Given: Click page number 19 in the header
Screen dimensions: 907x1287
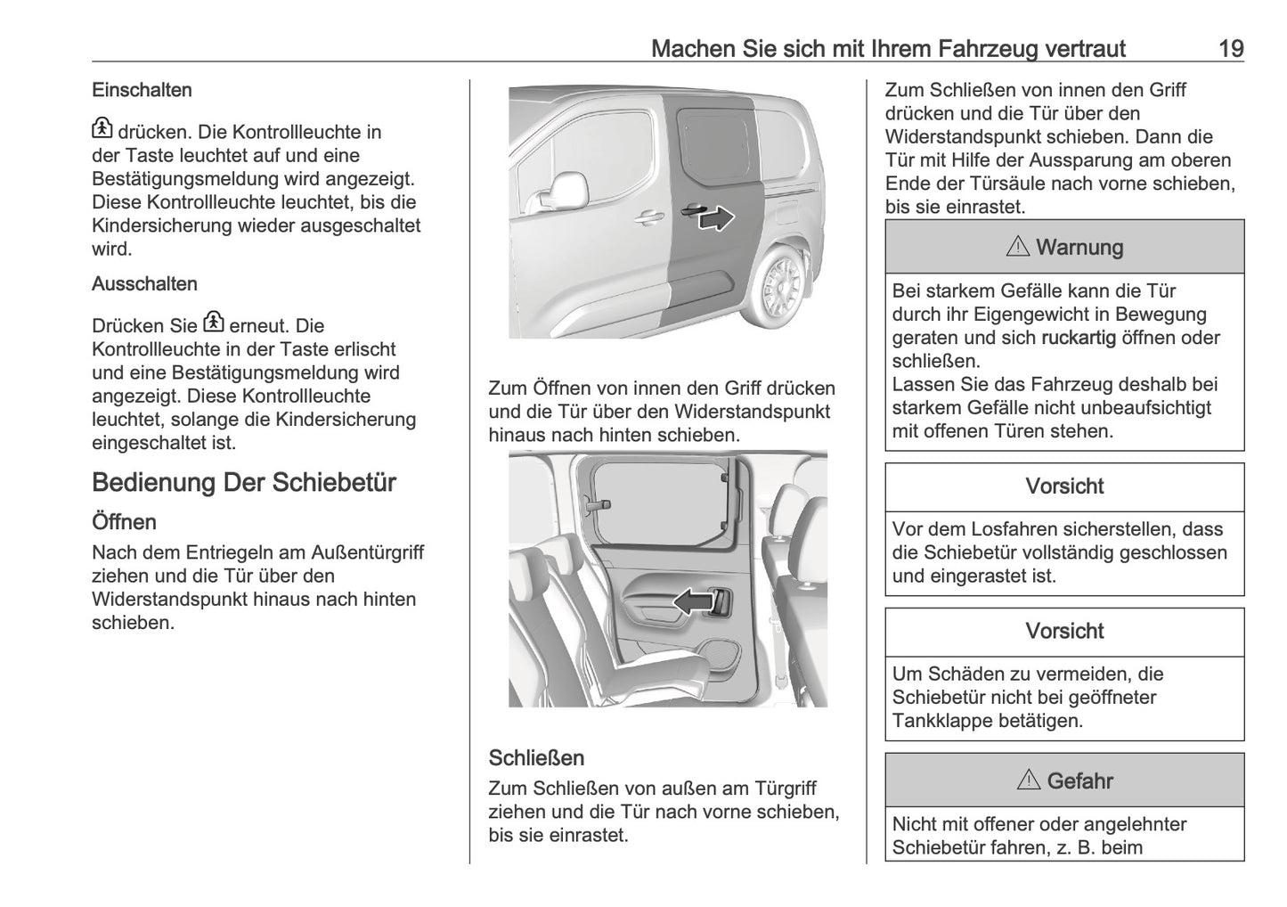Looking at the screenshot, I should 1230,48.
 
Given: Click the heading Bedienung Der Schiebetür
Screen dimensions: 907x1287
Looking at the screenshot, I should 243,483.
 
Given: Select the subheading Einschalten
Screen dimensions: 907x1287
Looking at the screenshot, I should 142,90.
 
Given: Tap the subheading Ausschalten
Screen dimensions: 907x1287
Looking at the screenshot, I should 144,284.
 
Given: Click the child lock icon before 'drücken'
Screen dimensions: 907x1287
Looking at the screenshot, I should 102,130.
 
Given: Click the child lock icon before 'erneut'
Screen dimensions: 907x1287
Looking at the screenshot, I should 214,323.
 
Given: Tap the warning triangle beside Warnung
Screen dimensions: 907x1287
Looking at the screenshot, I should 1017,247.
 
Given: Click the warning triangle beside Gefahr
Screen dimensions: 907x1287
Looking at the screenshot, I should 1028,781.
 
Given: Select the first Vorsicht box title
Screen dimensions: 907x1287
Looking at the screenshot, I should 1063,486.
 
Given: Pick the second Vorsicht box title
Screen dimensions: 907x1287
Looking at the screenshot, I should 1063,631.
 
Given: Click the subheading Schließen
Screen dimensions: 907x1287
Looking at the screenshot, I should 536,758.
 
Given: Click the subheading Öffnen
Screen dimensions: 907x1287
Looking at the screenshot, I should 124,522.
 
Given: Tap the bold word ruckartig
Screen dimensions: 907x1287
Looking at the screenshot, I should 1078,339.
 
